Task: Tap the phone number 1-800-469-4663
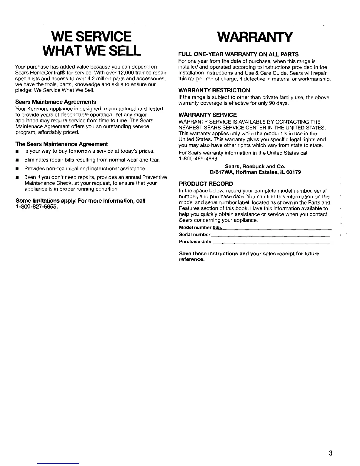tap(199, 159)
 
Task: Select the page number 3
tap(331, 452)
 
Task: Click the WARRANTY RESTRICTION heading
tap(214, 90)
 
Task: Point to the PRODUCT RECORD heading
tap(206, 184)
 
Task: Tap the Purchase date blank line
tap(271, 242)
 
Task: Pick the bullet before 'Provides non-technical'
tap(17, 169)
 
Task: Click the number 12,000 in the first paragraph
tap(121, 73)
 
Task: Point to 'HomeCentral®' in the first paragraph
tap(44, 73)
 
